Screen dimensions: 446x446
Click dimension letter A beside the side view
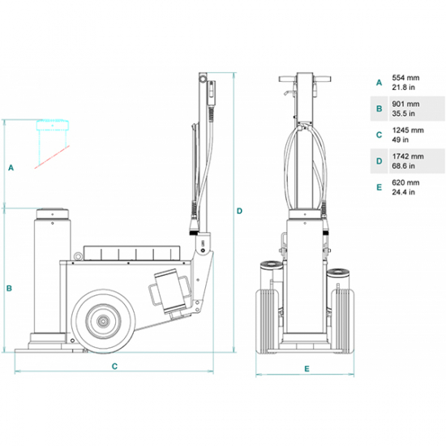coord(11,168)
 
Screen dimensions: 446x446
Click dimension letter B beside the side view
coord(9,289)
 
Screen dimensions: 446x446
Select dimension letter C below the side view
coord(114,367)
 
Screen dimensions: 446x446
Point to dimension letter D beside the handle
coord(239,211)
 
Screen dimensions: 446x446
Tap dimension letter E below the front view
coord(307,369)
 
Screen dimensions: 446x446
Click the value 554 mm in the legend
coord(405,78)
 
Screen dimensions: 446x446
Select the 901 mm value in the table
coord(405,104)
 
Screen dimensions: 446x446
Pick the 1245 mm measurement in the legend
coord(408,131)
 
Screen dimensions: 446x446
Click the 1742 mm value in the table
coord(408,157)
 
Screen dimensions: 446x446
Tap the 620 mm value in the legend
coord(405,182)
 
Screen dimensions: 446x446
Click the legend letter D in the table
coord(380,161)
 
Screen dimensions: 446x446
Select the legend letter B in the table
coord(380,109)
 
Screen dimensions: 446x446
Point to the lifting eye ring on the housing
coord(77,256)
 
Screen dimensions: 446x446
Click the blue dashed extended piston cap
coord(53,125)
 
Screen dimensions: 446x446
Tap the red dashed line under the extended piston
coord(52,157)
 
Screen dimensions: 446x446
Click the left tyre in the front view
coord(267,321)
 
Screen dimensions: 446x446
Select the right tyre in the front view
coord(343,321)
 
